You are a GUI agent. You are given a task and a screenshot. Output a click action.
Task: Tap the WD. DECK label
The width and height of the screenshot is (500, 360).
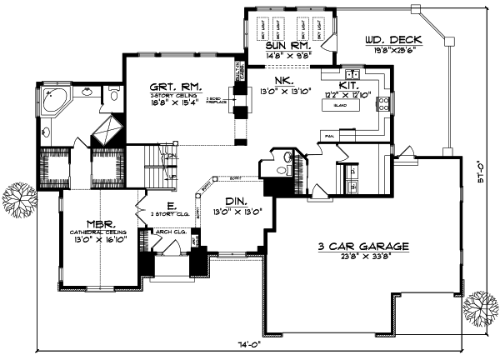pos(394,39)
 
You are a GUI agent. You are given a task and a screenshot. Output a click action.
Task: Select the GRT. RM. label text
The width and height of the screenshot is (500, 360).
pos(167,87)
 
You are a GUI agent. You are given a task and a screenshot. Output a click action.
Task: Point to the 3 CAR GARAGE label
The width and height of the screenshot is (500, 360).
pos(364,246)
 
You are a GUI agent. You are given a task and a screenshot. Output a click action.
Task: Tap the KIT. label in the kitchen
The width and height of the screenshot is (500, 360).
pos(348,86)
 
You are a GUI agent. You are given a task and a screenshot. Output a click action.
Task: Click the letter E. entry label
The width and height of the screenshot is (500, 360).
pos(170,205)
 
